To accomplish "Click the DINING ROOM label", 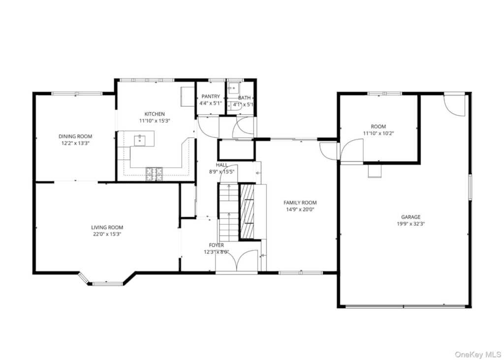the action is [75, 137].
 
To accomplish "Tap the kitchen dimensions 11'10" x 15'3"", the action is [154, 121].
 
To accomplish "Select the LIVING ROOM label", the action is [107, 227].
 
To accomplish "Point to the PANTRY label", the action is [211, 96].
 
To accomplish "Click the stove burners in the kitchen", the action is [154, 174].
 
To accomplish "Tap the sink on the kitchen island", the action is [139, 140].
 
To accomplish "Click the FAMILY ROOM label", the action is [300, 203].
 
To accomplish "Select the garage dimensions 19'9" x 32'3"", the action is [411, 224].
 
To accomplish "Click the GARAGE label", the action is [411, 217].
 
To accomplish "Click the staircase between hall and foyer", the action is [229, 212].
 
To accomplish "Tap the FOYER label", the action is [217, 245].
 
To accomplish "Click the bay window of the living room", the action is [106, 282].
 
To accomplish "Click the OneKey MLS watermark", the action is [478, 355].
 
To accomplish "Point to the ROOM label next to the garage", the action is [378, 126].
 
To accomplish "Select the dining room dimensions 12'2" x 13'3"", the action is [75, 143].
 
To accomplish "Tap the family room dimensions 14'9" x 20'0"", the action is [300, 210].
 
